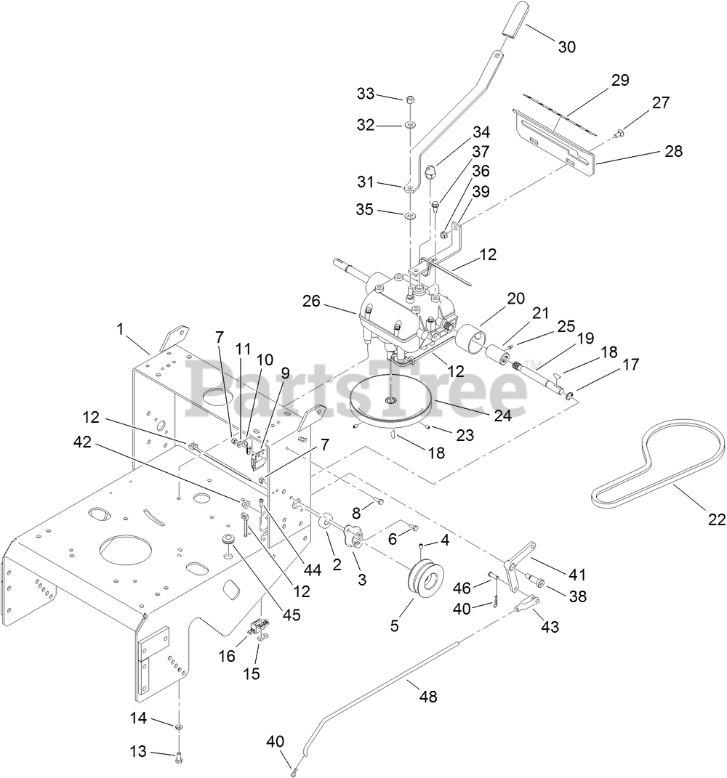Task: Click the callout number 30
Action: [566, 46]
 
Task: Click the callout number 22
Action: [717, 519]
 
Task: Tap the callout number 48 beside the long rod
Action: [428, 696]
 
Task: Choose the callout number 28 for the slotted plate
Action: [672, 151]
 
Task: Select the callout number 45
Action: [292, 614]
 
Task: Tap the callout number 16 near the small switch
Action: [228, 655]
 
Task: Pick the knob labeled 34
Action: [431, 174]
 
